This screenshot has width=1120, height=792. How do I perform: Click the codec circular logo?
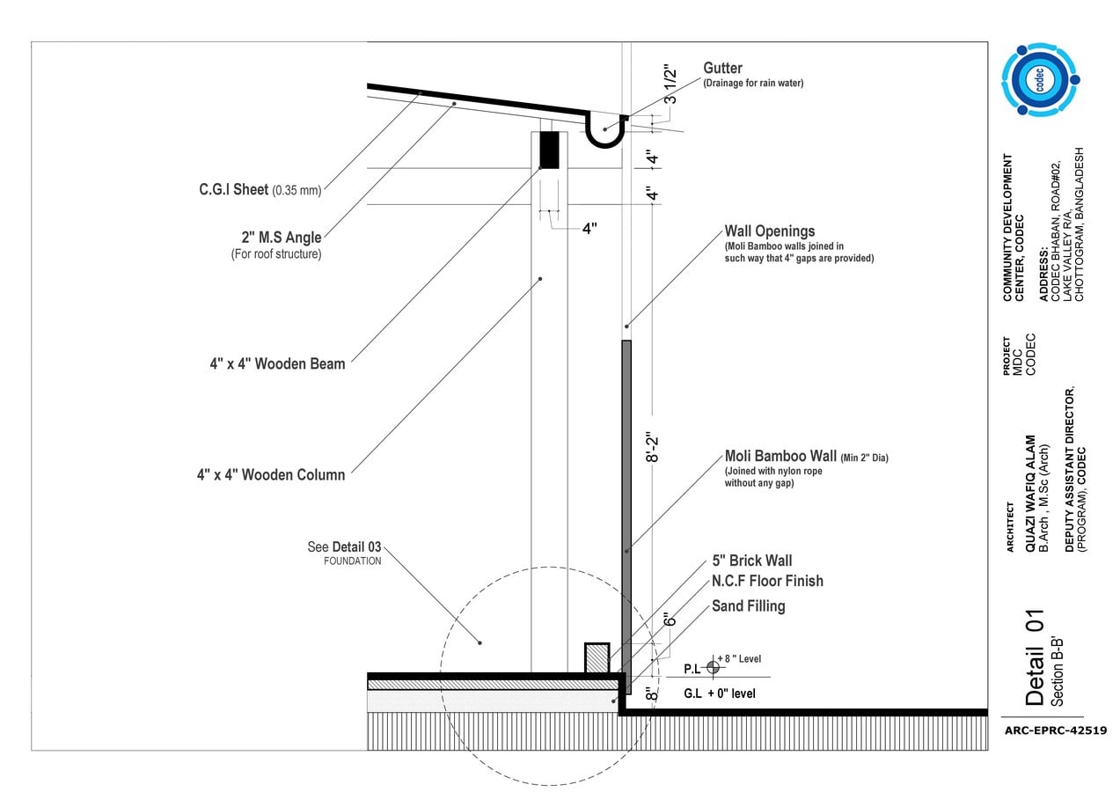1040,79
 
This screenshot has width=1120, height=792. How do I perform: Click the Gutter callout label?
722,68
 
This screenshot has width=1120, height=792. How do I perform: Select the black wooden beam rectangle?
549,150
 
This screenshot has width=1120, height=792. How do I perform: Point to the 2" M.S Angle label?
282,237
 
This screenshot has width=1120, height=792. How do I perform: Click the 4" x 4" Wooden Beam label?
277,363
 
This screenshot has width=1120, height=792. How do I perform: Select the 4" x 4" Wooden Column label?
271,474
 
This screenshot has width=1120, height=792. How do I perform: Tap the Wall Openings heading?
770,231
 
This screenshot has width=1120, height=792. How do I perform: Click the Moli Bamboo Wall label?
780,456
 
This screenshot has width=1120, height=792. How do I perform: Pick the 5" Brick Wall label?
752,561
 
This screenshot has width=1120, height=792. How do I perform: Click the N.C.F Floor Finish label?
767,581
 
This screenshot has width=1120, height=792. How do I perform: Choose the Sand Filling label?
749,606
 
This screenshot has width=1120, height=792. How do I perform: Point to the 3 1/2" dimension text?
670,84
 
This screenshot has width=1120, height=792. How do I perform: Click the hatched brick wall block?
597,658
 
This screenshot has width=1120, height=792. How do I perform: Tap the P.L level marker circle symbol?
713,667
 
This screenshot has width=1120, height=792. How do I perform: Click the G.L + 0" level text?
720,693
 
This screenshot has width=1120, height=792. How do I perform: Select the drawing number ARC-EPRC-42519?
1056,730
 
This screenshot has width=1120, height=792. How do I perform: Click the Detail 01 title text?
1034,657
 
